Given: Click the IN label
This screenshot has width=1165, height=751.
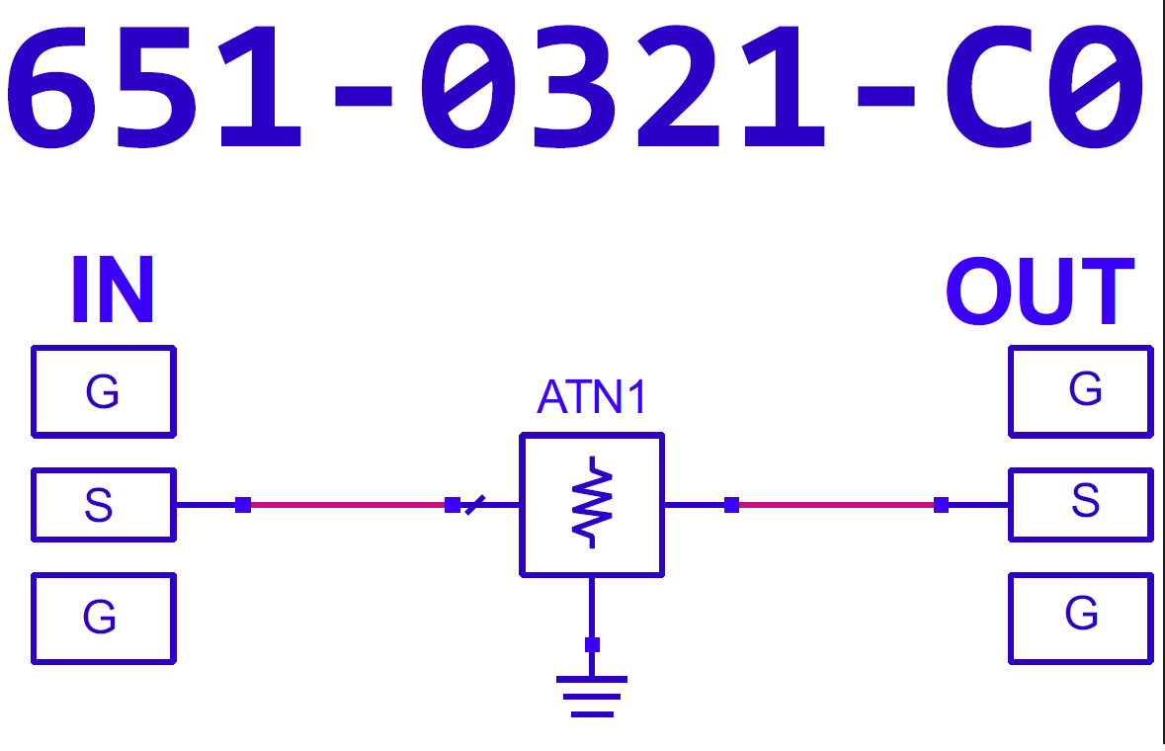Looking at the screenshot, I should point(113,291).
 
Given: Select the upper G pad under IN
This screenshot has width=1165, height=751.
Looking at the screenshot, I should point(104,391).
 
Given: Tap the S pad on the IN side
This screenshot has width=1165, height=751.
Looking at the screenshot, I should point(104,505).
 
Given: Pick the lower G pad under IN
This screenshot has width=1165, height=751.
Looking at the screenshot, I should point(104,619).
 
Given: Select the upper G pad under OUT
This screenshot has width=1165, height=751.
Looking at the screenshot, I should point(1081,390).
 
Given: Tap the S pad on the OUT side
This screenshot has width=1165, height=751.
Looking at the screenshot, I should point(1081,504).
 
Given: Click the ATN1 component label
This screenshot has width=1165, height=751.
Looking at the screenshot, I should point(591,398).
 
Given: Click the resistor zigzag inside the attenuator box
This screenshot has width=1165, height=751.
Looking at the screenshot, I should point(591,503).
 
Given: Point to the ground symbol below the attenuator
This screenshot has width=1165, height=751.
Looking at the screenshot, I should point(591,696).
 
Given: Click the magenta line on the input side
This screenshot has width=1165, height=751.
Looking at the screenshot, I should point(346,505).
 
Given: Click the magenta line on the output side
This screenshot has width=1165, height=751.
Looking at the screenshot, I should point(835,505).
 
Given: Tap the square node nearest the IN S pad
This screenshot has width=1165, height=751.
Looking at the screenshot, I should point(243,505).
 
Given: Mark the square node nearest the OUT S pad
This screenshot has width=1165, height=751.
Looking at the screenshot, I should point(941,505).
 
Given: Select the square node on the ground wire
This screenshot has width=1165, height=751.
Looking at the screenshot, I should point(592,645).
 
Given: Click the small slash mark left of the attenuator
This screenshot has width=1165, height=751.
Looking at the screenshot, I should point(475,505).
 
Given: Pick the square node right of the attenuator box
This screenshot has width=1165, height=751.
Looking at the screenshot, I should point(731,505).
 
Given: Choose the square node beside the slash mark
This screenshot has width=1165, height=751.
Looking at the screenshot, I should point(453,505).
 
